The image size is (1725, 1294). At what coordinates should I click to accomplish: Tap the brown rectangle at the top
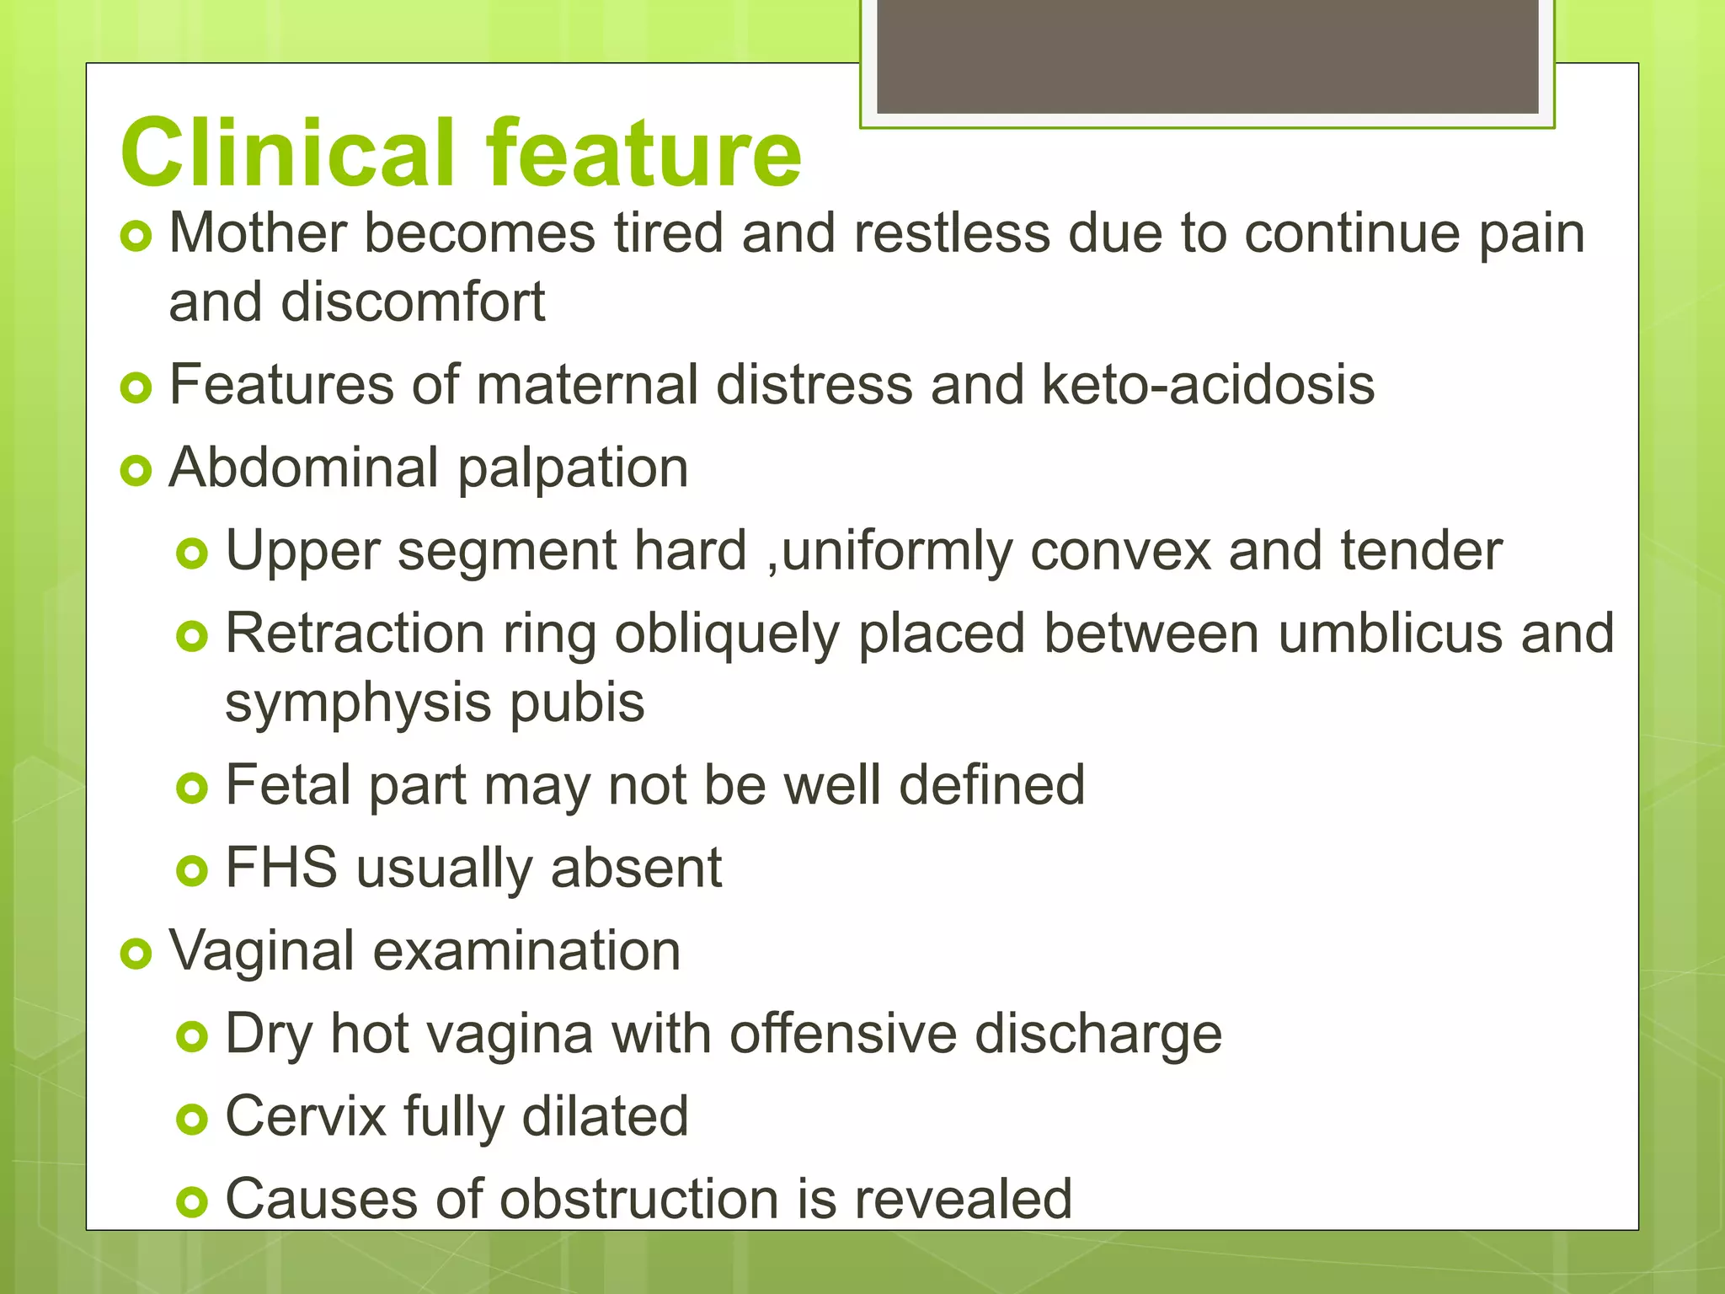point(1207,56)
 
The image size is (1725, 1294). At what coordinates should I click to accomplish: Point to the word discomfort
point(413,302)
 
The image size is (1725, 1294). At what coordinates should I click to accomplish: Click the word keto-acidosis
point(1207,385)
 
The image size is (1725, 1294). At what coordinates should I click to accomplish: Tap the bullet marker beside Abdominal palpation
point(136,470)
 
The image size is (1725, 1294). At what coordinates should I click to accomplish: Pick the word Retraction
point(355,634)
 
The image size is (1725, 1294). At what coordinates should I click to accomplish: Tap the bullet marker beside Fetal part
point(192,789)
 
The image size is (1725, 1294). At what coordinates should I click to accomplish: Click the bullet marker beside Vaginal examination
point(136,954)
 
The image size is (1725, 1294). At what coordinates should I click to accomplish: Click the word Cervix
point(305,1116)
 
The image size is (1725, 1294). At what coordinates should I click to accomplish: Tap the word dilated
point(605,1116)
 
